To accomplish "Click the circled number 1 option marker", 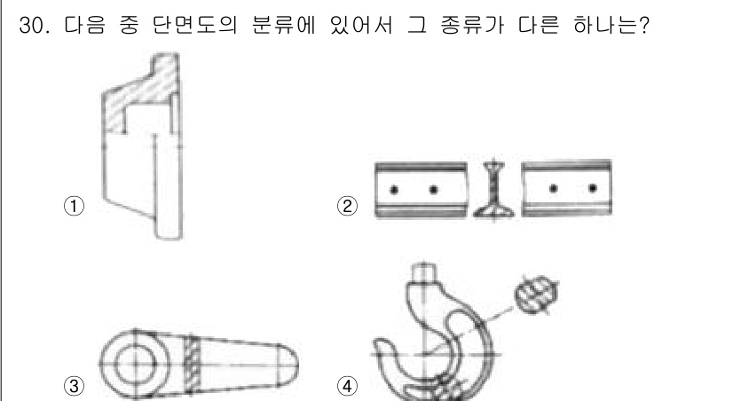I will click(x=77, y=206).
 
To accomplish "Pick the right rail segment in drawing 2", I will click(x=566, y=189).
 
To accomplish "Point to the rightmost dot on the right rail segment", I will click(x=592, y=189).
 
